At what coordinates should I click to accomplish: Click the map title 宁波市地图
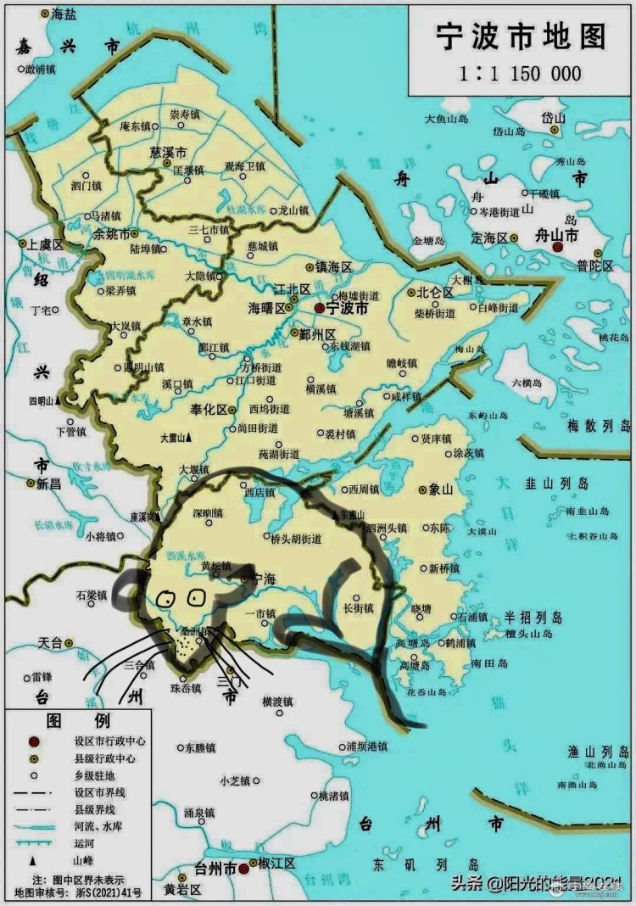click(521, 38)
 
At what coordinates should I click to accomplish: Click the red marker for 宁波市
click(319, 308)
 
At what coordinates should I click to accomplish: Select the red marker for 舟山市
click(557, 247)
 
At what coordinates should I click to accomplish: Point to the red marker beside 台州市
click(243, 869)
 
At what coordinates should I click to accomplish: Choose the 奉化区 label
click(208, 409)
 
